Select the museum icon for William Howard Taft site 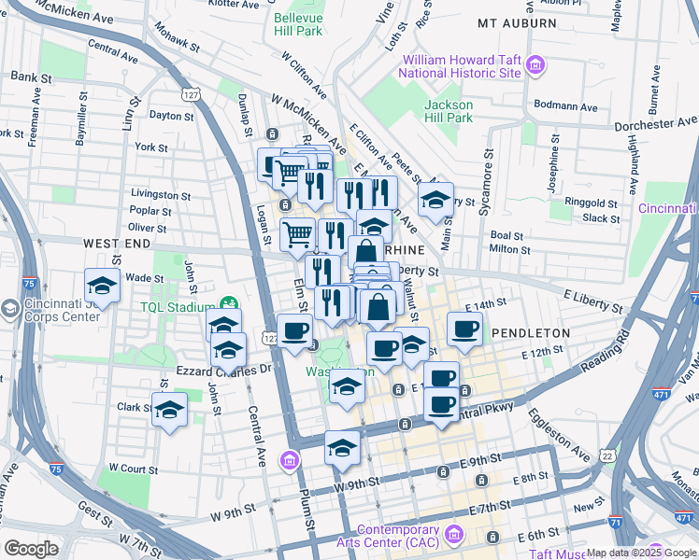(x=535, y=65)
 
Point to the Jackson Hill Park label (x=448, y=111)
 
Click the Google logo (x=31, y=548)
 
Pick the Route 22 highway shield (x=608, y=455)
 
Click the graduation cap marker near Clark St (x=170, y=410)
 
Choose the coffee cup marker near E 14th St (x=464, y=329)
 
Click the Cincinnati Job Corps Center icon (x=10, y=309)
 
